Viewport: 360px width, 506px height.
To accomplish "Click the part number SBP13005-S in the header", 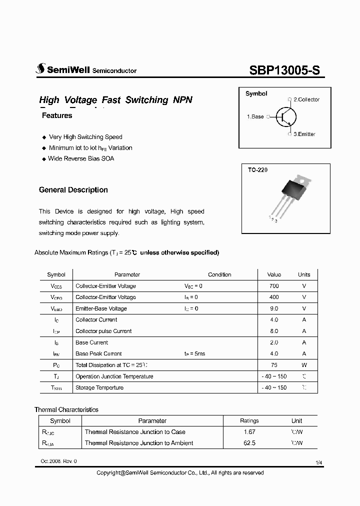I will click(x=284, y=70).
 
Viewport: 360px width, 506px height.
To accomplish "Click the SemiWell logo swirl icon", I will click(x=40, y=70).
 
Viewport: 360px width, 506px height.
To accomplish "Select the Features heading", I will click(x=57, y=115).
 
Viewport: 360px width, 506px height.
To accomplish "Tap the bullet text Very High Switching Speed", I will click(x=85, y=137).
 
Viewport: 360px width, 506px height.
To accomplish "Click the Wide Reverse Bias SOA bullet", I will click(x=81, y=158).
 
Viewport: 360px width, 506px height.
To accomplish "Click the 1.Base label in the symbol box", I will click(x=255, y=116).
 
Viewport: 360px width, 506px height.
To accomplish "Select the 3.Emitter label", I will click(x=304, y=134).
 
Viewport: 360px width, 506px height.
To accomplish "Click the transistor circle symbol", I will click(x=286, y=117).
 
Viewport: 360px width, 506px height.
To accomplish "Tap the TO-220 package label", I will click(x=257, y=170).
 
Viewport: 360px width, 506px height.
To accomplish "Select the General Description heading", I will click(x=73, y=190).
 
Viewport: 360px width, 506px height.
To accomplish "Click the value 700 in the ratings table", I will click(x=274, y=286).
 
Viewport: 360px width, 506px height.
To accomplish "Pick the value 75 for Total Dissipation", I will click(x=274, y=365).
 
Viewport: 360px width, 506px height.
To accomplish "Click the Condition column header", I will click(x=219, y=274).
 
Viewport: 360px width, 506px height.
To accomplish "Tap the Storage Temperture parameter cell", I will click(x=99, y=387).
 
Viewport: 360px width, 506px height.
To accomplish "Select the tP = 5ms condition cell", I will click(x=194, y=353).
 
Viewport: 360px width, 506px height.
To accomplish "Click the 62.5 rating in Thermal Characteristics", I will click(x=249, y=443).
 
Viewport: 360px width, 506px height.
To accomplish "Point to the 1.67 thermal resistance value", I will click(x=249, y=432).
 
